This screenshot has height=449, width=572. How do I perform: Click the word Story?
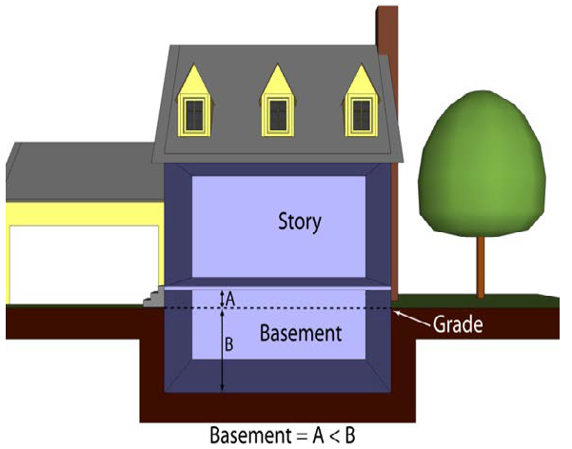(299, 223)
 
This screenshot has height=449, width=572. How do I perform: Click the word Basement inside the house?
(300, 334)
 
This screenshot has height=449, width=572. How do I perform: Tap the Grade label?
(458, 324)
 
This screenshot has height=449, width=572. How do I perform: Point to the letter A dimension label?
(230, 298)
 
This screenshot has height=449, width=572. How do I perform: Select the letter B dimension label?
(229, 345)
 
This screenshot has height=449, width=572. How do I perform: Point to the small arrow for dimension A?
(222, 297)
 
